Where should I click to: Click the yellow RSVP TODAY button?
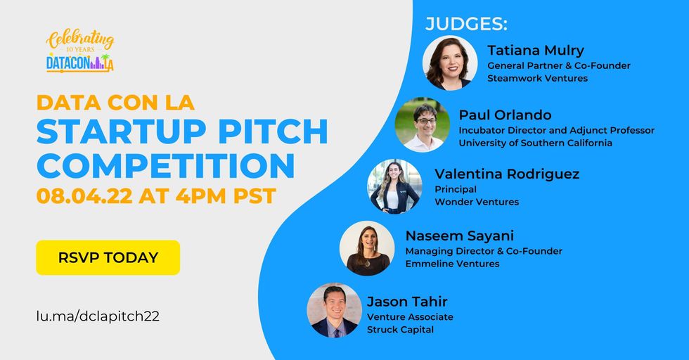pos(108,257)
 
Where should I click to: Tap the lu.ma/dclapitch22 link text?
pos(98,316)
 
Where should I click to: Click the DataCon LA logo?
pos(80,51)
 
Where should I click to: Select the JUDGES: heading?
pos(466,24)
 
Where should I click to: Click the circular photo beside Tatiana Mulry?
pos(450,63)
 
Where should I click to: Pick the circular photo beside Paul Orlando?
pos(423,125)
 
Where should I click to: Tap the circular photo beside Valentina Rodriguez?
pos(394,186)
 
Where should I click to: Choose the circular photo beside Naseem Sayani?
pos(367,248)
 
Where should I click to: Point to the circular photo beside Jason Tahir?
pos(335,310)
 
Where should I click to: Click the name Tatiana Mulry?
pos(536,51)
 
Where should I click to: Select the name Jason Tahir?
pos(407,302)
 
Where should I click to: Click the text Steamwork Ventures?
pos(537,78)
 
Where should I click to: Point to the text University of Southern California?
pos(535,143)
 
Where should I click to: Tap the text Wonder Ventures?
pos(477,202)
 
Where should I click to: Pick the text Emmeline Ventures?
pos(452,264)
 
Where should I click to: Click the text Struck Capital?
pos(400,330)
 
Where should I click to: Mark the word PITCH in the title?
pos(273,131)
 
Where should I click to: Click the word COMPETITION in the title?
pos(166,166)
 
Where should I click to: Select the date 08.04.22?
pos(84,196)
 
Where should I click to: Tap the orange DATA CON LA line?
pos(115,103)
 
